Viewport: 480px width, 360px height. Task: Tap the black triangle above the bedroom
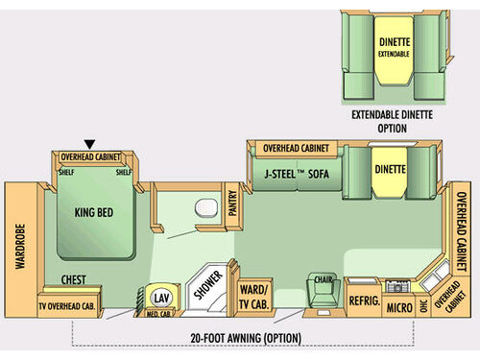tap(90, 144)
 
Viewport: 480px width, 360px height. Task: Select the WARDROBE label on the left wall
tap(18, 245)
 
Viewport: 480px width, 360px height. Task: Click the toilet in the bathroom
tap(203, 208)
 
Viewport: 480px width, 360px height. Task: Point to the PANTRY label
tap(231, 204)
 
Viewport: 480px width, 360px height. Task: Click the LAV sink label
tap(160, 298)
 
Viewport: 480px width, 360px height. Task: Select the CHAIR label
tap(320, 279)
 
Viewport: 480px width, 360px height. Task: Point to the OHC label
tap(423, 304)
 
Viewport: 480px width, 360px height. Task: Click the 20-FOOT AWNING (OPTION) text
tap(246, 337)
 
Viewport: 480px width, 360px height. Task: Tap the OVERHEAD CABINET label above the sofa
tap(295, 149)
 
